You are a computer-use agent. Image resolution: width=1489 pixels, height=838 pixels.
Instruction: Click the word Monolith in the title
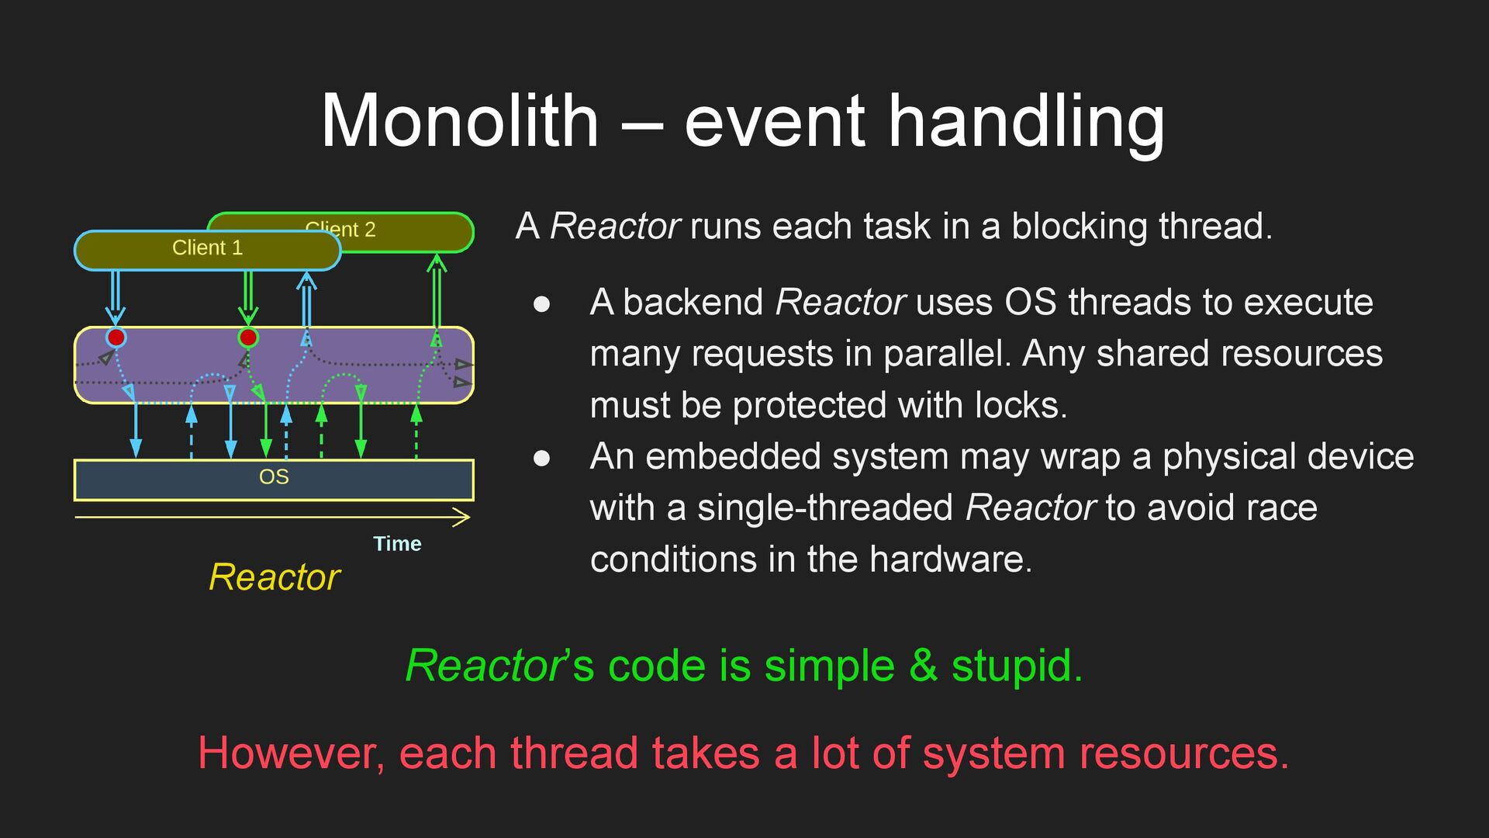pyautogui.click(x=460, y=121)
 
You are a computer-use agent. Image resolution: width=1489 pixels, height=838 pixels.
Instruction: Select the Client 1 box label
pyautogui.click(x=207, y=248)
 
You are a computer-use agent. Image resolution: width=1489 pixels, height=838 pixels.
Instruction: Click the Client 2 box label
pyautogui.click(x=341, y=229)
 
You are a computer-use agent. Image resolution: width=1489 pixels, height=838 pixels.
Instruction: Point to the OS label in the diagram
pyautogui.click(x=274, y=477)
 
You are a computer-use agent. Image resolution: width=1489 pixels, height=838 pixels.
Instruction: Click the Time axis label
pyautogui.click(x=397, y=544)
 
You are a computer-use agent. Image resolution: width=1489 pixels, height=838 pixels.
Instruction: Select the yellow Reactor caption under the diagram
pyautogui.click(x=275, y=577)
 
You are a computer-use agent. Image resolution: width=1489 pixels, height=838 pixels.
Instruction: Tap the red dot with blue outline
pyautogui.click(x=116, y=338)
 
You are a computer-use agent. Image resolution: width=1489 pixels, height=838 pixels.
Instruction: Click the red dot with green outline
pyautogui.click(x=248, y=338)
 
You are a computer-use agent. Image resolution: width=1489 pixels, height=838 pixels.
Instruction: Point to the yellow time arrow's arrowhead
pyautogui.click(x=463, y=518)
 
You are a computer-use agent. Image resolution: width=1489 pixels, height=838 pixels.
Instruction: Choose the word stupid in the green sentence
pyautogui.click(x=1016, y=666)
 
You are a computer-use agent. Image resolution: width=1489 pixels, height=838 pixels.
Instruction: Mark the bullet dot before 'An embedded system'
pyautogui.click(x=542, y=459)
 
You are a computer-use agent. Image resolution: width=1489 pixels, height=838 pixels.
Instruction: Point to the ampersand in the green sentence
pyautogui.click(x=923, y=666)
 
